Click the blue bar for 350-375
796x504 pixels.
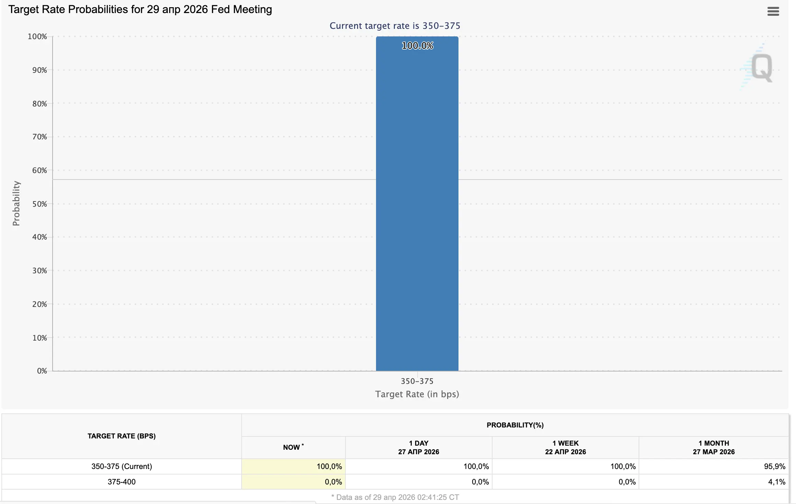[x=417, y=206]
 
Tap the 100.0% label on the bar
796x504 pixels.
[x=417, y=46]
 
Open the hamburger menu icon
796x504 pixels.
[x=773, y=11]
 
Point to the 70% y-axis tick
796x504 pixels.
[x=40, y=137]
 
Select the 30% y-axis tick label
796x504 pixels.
[x=40, y=271]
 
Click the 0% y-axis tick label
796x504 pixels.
[x=42, y=371]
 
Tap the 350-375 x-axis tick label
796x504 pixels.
[x=417, y=381]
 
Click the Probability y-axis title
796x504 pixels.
[x=16, y=203]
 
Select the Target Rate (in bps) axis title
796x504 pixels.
[x=417, y=394]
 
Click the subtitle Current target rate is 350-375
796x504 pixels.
[x=395, y=26]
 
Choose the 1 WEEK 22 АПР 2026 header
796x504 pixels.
[x=565, y=447]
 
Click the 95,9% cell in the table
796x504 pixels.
[x=774, y=466]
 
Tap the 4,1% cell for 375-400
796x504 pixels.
[x=776, y=482]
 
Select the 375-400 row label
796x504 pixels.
[x=121, y=482]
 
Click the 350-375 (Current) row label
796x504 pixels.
[x=121, y=466]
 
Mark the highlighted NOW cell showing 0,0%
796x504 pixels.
[x=333, y=482]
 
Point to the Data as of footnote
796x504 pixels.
[x=395, y=497]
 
